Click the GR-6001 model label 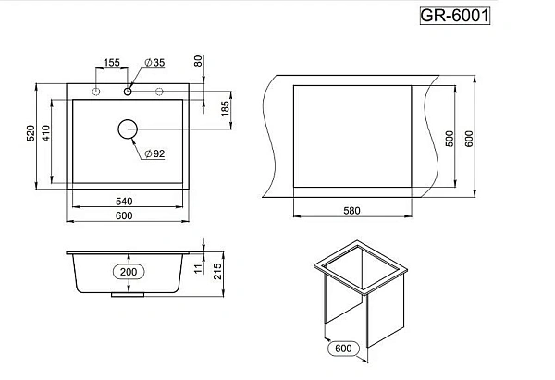coord(455,16)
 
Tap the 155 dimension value coord(112,63)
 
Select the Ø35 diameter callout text coord(155,63)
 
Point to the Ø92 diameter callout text coord(155,153)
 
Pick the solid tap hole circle coord(128,92)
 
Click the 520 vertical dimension coord(31,133)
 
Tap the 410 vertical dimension coord(46,133)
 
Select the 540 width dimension coord(124,202)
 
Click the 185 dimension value coord(225,109)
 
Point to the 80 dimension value coord(198,61)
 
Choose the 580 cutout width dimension coord(351,211)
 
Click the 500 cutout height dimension coord(450,139)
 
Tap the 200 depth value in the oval coord(129,272)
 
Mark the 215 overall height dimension coord(217,272)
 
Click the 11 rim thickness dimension coord(199,268)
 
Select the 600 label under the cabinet coord(343,349)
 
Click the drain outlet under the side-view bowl coord(128,295)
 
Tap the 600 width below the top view coord(124,215)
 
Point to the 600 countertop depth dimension coord(469,139)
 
